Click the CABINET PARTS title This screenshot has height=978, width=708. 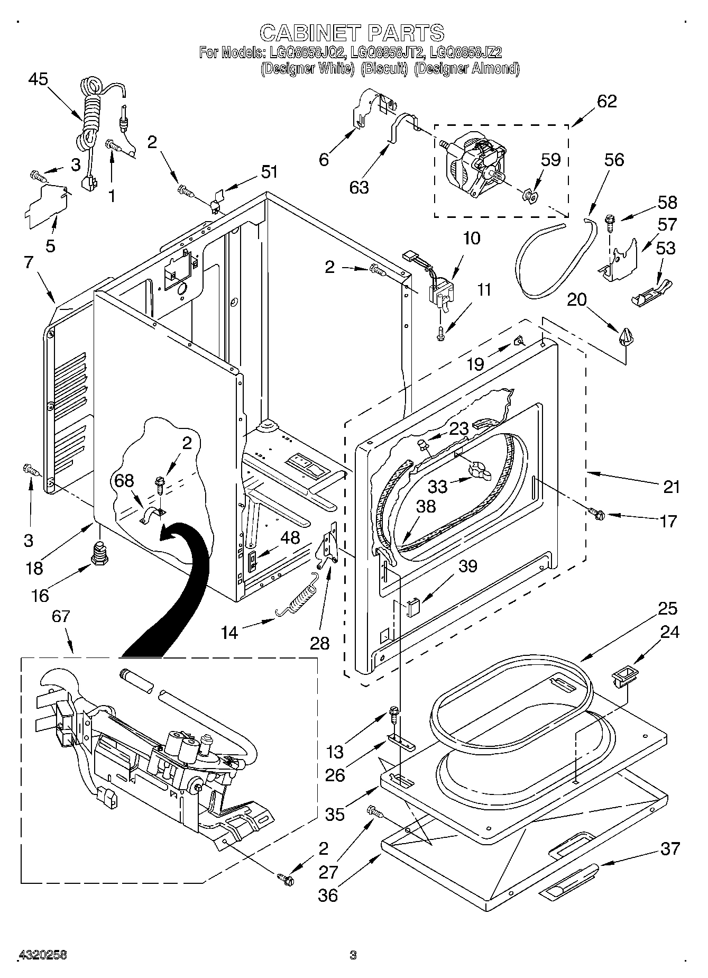pos(352,33)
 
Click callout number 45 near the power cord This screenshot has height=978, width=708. pos(38,79)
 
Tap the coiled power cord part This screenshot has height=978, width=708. pos(91,114)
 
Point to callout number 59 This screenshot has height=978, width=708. pos(550,159)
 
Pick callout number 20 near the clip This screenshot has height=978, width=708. pos(577,299)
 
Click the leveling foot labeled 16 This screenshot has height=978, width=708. pos(99,553)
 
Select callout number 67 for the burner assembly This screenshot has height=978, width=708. pos(61,616)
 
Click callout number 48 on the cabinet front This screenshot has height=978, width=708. pos(290,537)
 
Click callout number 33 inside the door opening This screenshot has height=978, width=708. pos(437,486)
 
